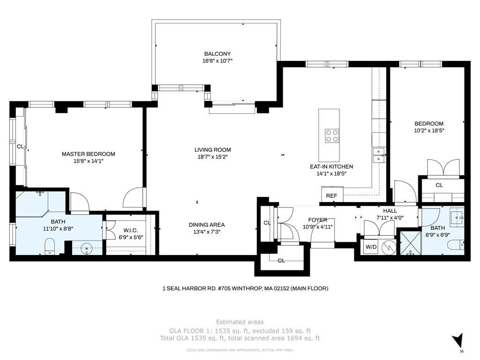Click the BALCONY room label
click(217, 54)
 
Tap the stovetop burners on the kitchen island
click(332, 136)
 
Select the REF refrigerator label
click(331, 196)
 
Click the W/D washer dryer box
click(371, 247)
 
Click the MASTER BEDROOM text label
click(89, 154)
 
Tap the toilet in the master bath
click(50, 247)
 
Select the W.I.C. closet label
click(131, 230)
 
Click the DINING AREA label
click(207, 225)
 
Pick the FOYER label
click(317, 220)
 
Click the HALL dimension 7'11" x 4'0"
click(390, 217)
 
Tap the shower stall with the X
click(411, 243)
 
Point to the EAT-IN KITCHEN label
click(331, 167)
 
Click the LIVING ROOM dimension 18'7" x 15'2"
click(213, 157)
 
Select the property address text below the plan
click(245, 288)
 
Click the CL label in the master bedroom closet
click(20, 147)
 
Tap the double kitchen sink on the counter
click(379, 155)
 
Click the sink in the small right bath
click(458, 217)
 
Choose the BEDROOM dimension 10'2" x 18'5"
click(429, 130)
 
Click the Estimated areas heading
click(240, 322)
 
